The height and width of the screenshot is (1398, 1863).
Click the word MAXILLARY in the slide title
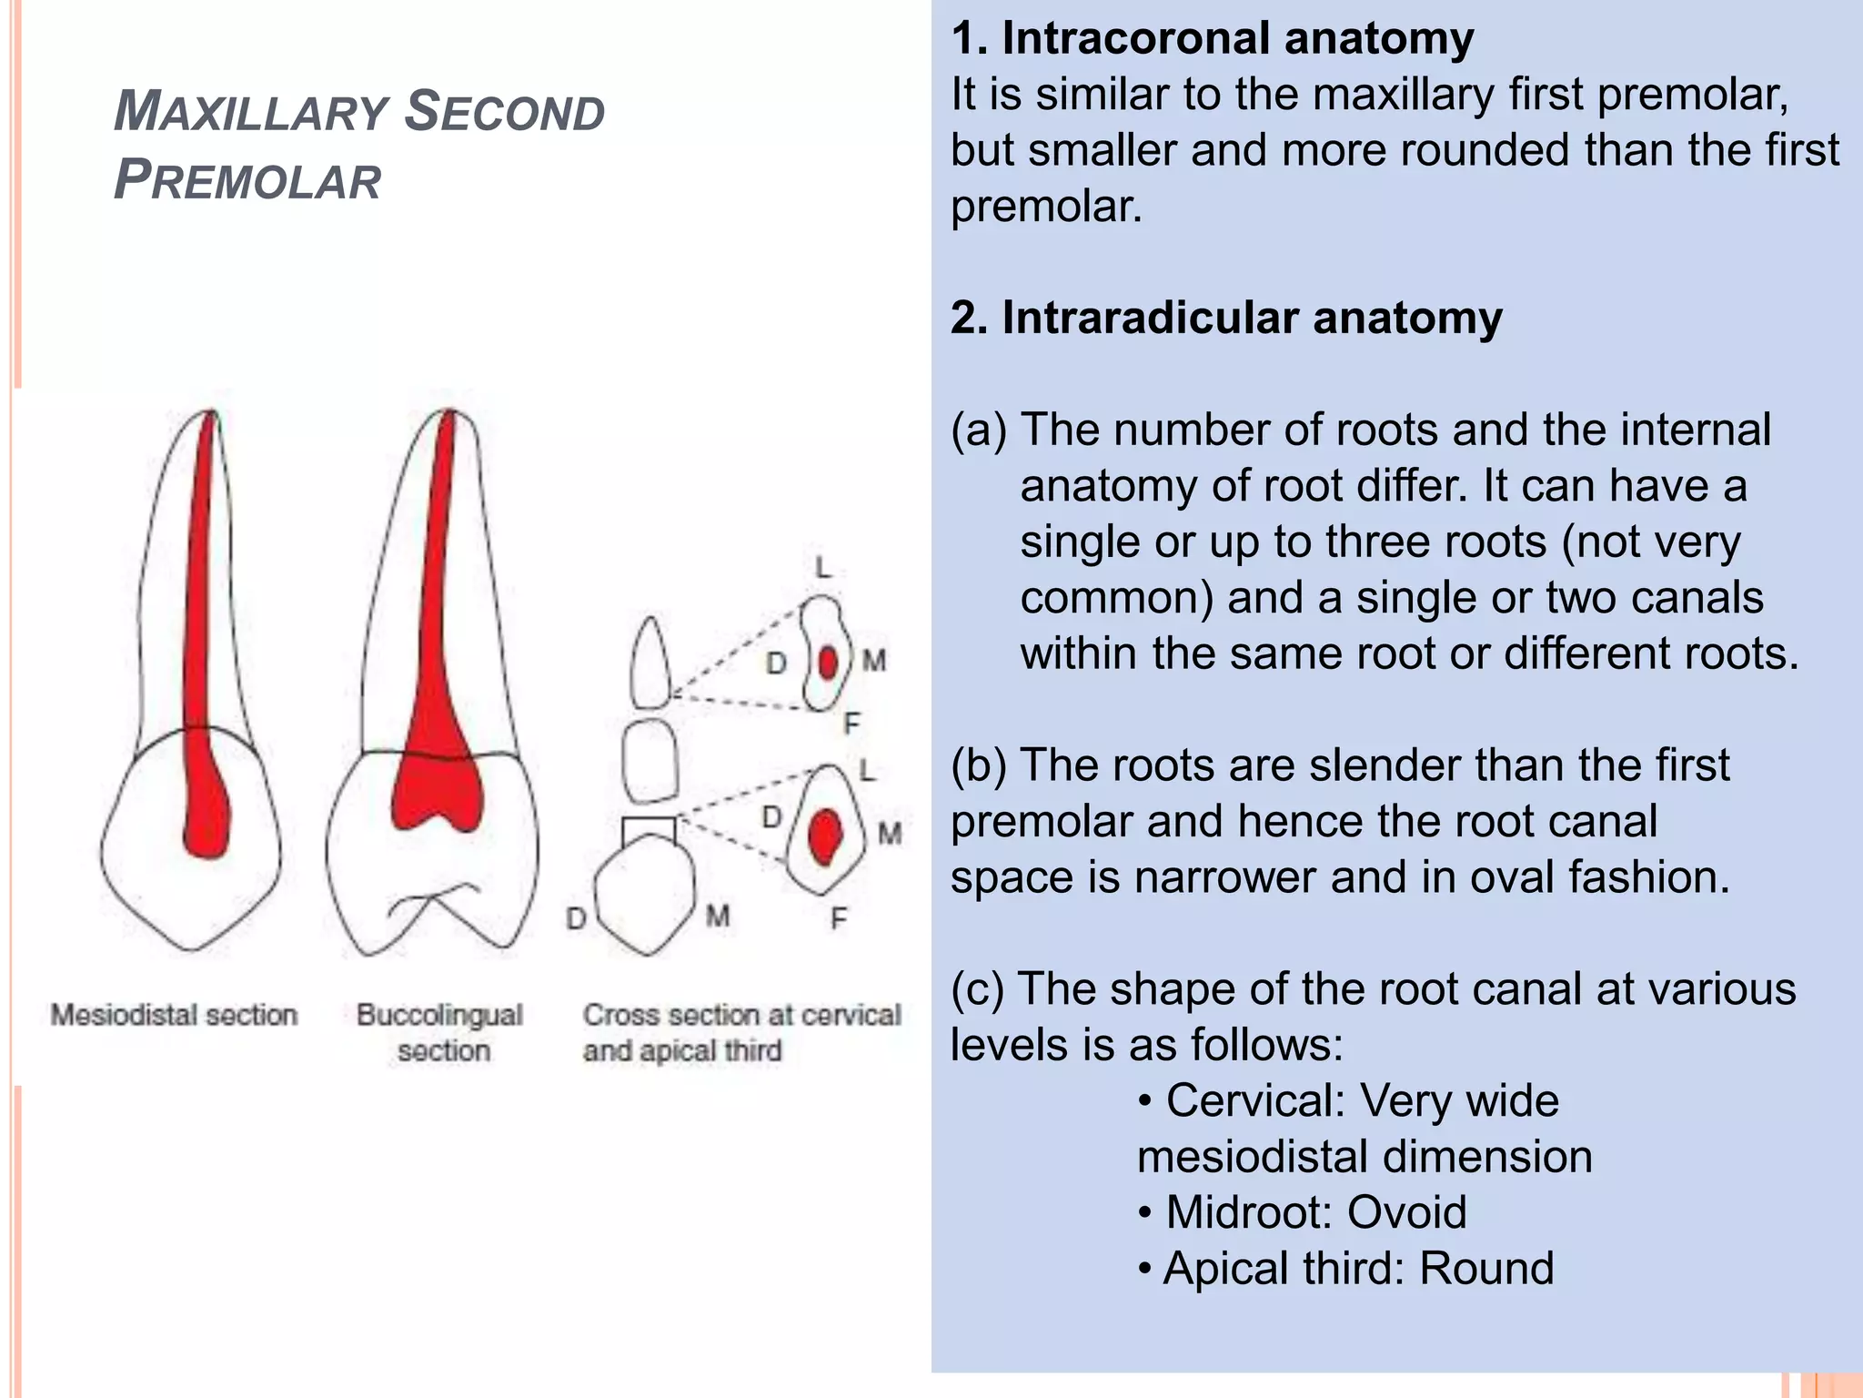(x=251, y=112)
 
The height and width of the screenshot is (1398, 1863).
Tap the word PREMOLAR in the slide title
(x=247, y=179)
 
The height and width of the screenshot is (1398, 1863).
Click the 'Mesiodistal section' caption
(x=174, y=1015)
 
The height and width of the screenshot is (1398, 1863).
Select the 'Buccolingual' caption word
(x=439, y=1015)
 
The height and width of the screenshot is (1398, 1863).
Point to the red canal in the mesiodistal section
(x=200, y=637)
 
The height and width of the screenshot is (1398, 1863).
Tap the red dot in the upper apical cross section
(x=827, y=663)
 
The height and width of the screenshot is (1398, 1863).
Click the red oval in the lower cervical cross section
(x=824, y=836)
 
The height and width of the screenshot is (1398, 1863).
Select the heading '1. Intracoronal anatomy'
(x=1212, y=39)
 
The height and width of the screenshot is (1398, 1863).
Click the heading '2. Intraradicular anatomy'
(x=1226, y=319)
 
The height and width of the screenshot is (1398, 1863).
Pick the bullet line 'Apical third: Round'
(x=1346, y=1269)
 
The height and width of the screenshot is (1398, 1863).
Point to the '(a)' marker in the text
(x=978, y=431)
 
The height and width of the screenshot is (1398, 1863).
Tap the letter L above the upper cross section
(x=823, y=568)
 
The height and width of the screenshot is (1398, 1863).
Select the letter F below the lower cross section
(x=838, y=919)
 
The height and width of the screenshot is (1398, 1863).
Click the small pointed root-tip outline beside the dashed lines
(x=650, y=663)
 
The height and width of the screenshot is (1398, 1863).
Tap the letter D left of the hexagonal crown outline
(x=576, y=918)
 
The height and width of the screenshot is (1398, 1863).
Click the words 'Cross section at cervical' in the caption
(x=741, y=1015)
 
